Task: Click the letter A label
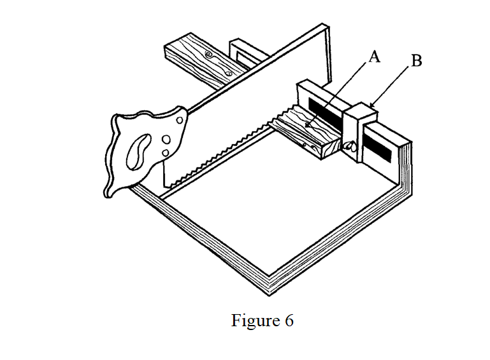coord(375,57)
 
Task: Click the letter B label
coord(417,61)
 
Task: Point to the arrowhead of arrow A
coord(307,126)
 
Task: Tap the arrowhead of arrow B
coord(371,105)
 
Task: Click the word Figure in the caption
coord(256,320)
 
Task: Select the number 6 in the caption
coord(289,321)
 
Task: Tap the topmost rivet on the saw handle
coord(180,120)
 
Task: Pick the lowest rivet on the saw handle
coord(165,153)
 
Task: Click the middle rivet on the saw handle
coord(166,140)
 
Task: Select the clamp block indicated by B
coord(360,131)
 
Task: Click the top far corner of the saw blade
coord(323,24)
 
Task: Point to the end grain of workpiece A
coord(330,150)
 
